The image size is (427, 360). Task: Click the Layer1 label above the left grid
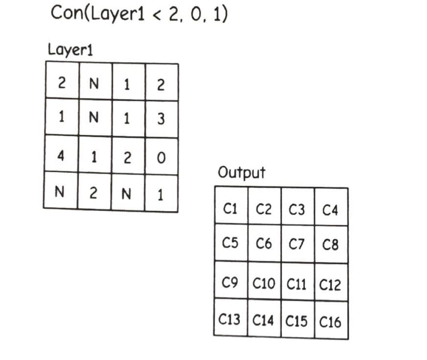(x=70, y=50)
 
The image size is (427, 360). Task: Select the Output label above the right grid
(x=241, y=172)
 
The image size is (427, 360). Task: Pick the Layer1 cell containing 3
(x=161, y=119)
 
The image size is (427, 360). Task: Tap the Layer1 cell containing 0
(x=161, y=157)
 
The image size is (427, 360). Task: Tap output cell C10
(x=264, y=284)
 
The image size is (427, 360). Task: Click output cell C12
(x=330, y=284)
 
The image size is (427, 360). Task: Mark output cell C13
(x=230, y=320)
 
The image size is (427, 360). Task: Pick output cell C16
(x=330, y=321)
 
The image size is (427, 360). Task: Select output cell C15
(x=297, y=321)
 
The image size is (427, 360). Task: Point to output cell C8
(x=330, y=245)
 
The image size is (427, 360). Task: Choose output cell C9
(x=231, y=283)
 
